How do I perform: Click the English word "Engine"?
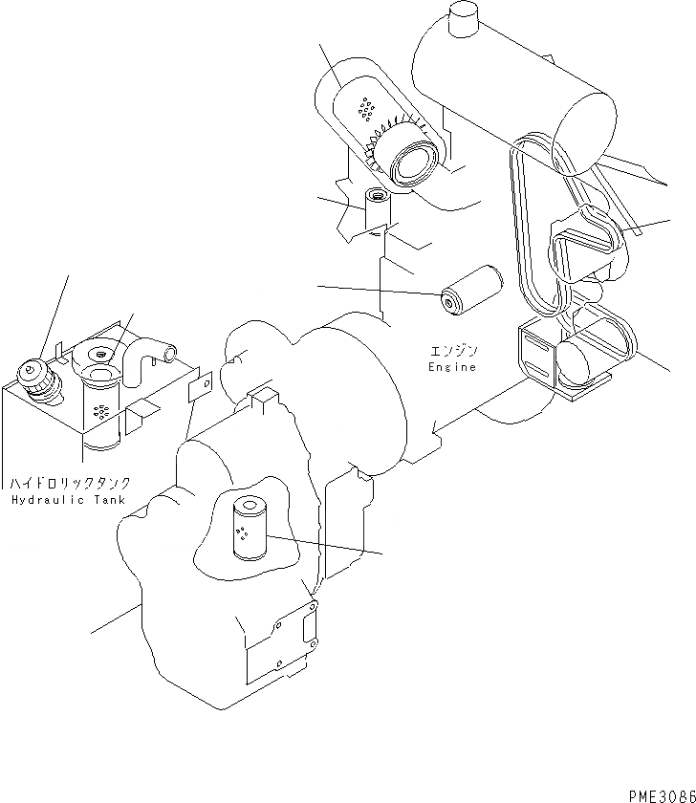[452, 366]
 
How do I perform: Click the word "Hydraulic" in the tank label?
[46, 500]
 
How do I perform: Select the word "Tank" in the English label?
[109, 500]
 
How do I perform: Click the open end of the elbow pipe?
[169, 355]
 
